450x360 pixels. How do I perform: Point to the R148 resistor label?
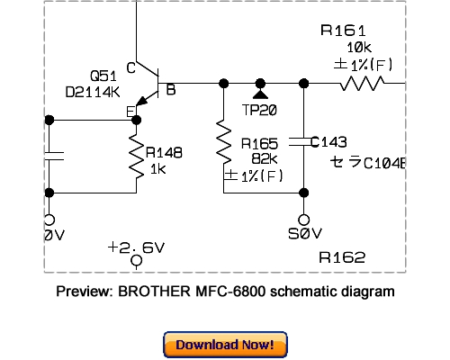[x=164, y=153]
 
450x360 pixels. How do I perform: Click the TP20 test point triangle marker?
[x=261, y=94]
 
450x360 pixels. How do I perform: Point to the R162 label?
[x=343, y=257]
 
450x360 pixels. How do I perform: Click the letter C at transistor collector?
[x=130, y=67]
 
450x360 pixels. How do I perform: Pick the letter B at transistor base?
[x=170, y=90]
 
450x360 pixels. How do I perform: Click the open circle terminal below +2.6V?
[x=137, y=263]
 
